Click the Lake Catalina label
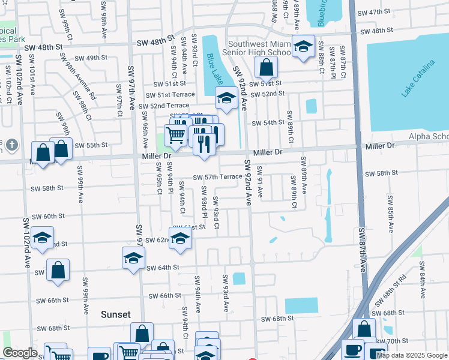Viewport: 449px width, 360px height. click(x=419, y=78)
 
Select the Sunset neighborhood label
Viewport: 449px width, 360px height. click(x=115, y=314)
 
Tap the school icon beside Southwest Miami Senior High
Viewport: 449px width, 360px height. click(x=304, y=47)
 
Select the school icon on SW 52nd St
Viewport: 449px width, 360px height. click(x=226, y=98)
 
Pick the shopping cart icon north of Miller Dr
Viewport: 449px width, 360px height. click(x=175, y=136)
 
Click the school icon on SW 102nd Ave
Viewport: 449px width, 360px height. click(x=42, y=238)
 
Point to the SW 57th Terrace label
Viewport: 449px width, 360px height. click(x=217, y=177)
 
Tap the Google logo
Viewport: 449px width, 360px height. click(x=20, y=353)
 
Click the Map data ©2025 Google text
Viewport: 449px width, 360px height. click(x=412, y=355)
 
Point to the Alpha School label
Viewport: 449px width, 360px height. click(x=429, y=137)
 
